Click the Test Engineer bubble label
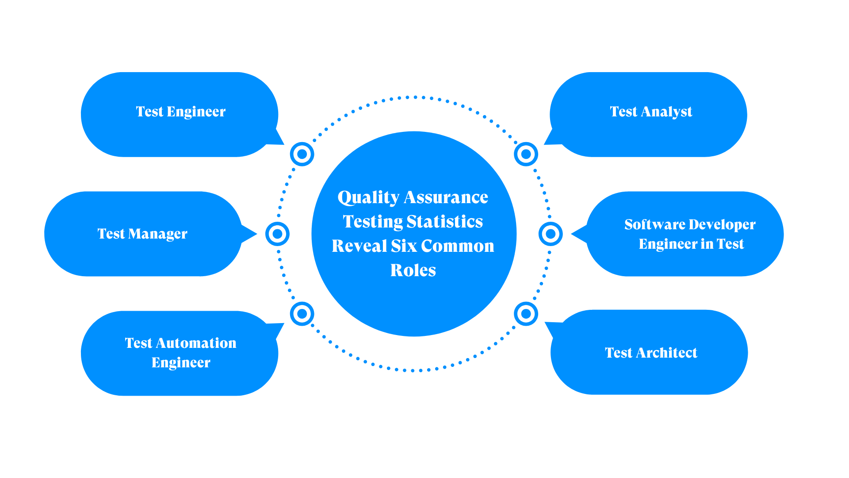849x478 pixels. (x=180, y=112)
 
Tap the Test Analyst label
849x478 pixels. (x=651, y=112)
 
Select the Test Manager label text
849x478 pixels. (x=142, y=234)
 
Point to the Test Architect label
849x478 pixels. (x=651, y=353)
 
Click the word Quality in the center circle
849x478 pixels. (x=368, y=197)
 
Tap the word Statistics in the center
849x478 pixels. (x=444, y=222)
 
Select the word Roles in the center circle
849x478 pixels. (x=413, y=270)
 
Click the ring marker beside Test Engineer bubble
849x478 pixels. (x=302, y=154)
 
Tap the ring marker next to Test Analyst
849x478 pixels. (x=526, y=154)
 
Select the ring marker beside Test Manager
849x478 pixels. (x=277, y=234)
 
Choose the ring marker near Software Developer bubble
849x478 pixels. (x=551, y=234)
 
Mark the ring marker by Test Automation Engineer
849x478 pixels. (x=302, y=314)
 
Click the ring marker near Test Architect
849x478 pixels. (x=526, y=314)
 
